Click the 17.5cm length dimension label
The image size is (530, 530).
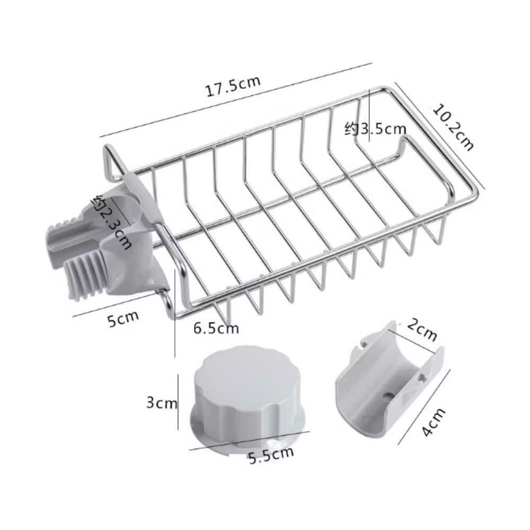(x=233, y=86)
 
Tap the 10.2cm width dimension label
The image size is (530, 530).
(x=454, y=127)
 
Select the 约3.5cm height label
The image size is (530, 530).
(x=375, y=129)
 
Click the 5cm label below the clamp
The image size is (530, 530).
(x=123, y=319)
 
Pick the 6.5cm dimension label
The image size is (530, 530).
(x=216, y=328)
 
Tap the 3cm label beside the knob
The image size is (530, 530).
(x=162, y=403)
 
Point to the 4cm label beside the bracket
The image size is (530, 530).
(x=434, y=422)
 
